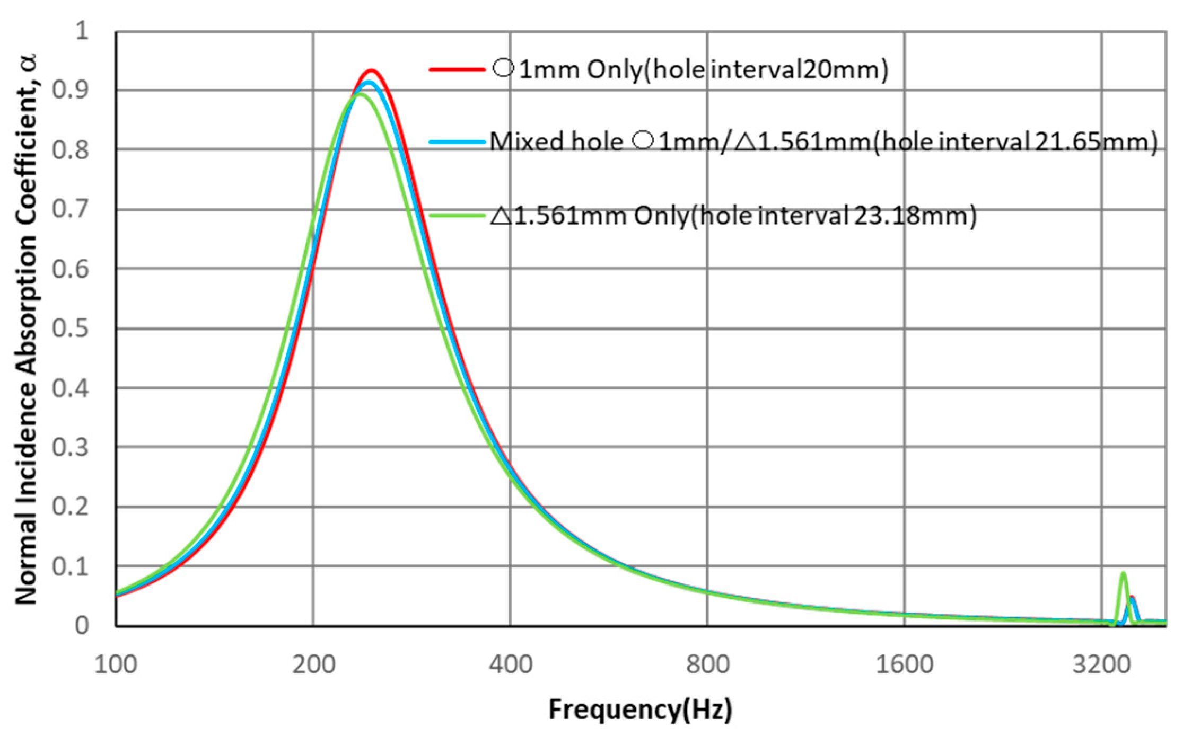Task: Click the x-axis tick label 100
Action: pyautogui.click(x=115, y=664)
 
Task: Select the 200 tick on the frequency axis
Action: pyautogui.click(x=313, y=664)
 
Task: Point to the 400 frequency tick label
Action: pyautogui.click(x=510, y=664)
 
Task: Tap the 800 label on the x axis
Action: pyautogui.click(x=707, y=664)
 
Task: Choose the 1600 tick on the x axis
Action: pyautogui.click(x=904, y=664)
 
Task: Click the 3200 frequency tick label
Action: pyautogui.click(x=1101, y=664)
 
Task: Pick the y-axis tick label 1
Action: pyautogui.click(x=82, y=31)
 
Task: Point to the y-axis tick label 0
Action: pyautogui.click(x=82, y=626)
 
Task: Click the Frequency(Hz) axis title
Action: pyautogui.click(x=640, y=709)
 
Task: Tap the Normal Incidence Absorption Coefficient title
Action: pyautogui.click(x=27, y=329)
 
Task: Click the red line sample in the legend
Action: pyautogui.click(x=457, y=69)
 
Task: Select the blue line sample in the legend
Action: pyautogui.click(x=457, y=142)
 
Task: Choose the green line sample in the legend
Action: pyautogui.click(x=457, y=216)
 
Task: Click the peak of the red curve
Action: pyautogui.click(x=371, y=70)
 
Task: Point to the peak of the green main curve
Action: pyautogui.click(x=360, y=95)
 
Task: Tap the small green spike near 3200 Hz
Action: pyautogui.click(x=1123, y=573)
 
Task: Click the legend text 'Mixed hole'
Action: pyautogui.click(x=556, y=142)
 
